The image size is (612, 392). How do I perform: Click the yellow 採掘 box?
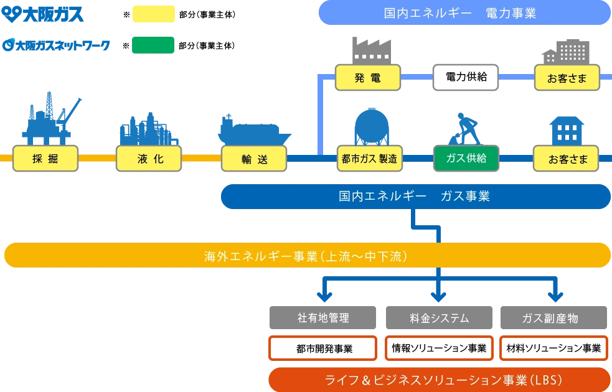coord(45,159)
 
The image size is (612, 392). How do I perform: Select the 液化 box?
coord(150,159)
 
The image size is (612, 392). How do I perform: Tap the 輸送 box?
coord(254,159)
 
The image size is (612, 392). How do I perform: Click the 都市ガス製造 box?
coord(369,159)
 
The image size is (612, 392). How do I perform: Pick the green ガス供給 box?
coord(467,159)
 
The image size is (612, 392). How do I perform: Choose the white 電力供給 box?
coord(466,78)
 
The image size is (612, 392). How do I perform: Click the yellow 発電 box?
coord(367,78)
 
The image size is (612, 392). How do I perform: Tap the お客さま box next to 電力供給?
coord(567,78)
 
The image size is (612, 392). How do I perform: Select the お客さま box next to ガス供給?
coord(567,159)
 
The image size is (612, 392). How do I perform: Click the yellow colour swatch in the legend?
coord(154,15)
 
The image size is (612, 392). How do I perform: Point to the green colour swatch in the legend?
coord(152,45)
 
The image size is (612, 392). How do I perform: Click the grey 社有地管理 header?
coord(323,318)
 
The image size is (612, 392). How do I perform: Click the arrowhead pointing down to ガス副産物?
coord(555,294)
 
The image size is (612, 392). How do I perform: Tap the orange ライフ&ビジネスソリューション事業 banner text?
coord(440,380)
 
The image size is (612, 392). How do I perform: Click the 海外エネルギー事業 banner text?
coord(306,255)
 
